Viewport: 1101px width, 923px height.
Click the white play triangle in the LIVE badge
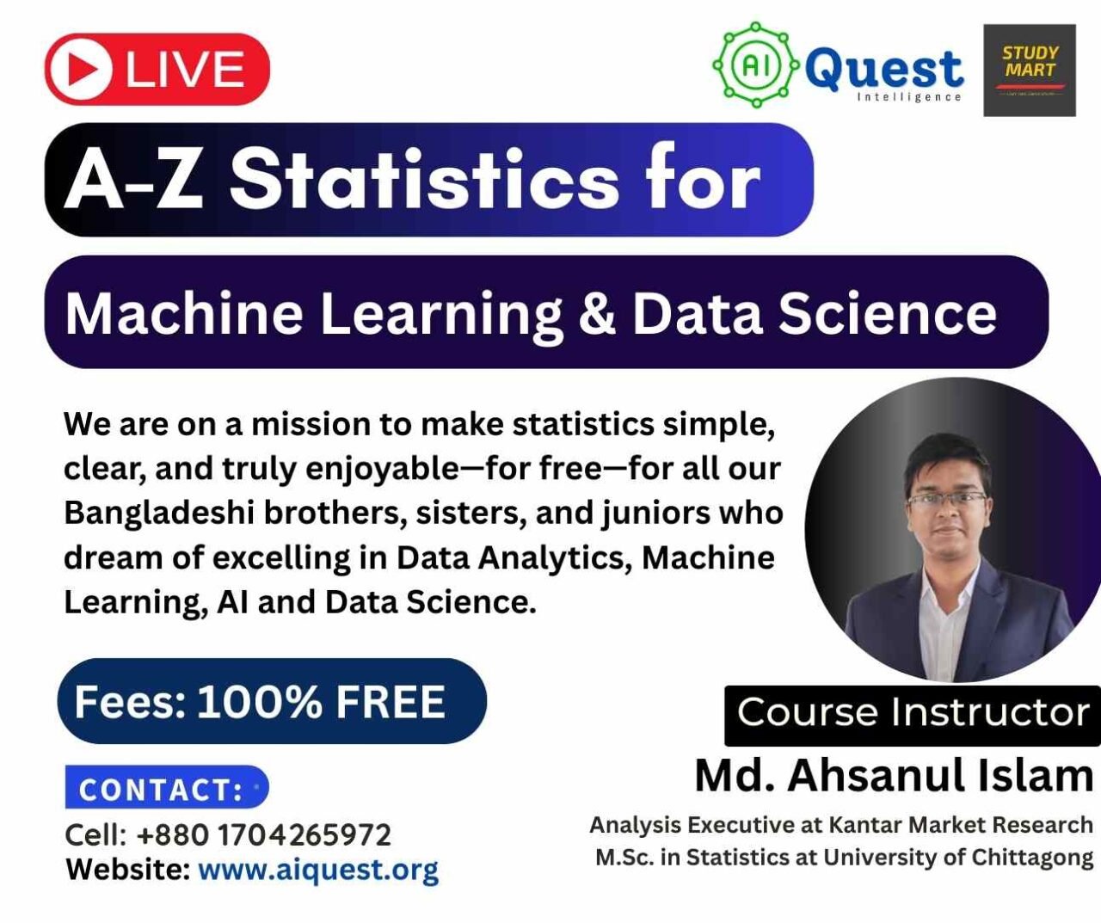[x=85, y=69]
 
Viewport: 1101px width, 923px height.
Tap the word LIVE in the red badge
[x=185, y=69]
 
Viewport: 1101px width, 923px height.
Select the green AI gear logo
[x=755, y=65]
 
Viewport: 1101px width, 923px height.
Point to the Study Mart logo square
[x=1030, y=71]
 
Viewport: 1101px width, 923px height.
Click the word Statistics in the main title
[x=423, y=180]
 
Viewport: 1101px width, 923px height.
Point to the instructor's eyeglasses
[x=947, y=498]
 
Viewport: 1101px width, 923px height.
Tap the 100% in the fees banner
[x=260, y=702]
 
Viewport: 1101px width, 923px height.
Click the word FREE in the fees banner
[x=391, y=702]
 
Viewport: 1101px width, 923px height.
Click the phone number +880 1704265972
[x=264, y=835]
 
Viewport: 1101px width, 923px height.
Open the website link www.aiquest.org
[x=318, y=869]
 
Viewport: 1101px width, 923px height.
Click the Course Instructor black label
[x=913, y=715]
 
